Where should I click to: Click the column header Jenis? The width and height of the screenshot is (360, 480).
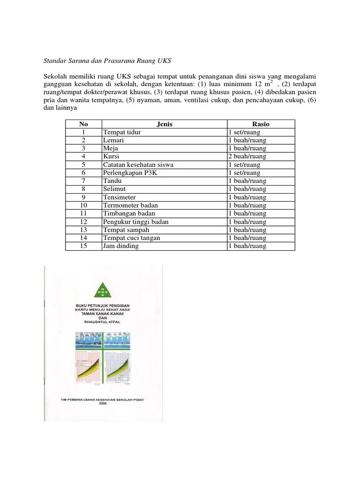tap(164, 124)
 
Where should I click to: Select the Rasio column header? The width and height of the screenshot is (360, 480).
tap(261, 124)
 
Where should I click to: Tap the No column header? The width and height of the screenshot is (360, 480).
tap(83, 124)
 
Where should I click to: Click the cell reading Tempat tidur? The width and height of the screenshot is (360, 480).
tap(122, 132)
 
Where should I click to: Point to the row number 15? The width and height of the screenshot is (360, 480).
tap(83, 246)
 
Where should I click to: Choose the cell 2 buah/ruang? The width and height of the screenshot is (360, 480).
tap(247, 157)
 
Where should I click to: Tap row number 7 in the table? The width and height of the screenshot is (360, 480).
tap(83, 181)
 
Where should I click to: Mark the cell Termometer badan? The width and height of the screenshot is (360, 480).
tap(130, 205)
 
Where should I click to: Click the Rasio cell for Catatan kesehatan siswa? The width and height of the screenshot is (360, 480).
tap(244, 165)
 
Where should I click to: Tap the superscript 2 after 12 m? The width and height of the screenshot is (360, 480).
tap(271, 81)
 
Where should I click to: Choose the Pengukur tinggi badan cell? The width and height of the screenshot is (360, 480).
tap(135, 222)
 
